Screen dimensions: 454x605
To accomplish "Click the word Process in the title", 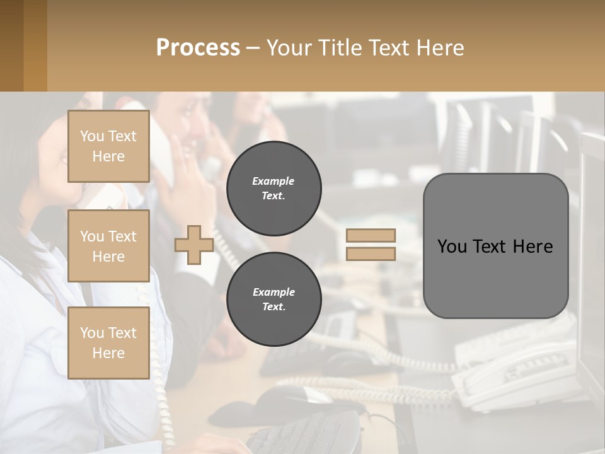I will (198, 48).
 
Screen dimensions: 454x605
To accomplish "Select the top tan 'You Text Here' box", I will (108, 146).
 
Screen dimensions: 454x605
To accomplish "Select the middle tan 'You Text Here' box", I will (108, 246).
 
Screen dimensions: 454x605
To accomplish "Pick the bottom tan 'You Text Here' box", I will (108, 343).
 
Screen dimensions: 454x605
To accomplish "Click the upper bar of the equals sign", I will (371, 236).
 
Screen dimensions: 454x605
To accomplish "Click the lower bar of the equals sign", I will (371, 253).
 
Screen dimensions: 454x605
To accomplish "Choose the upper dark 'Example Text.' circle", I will (274, 189).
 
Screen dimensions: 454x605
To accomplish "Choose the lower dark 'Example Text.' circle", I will (274, 300).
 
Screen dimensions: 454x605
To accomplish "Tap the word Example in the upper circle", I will (274, 181).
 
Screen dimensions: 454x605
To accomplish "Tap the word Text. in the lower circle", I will (274, 307).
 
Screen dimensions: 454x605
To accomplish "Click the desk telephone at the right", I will (517, 372).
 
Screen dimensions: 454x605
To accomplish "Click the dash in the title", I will (253, 48).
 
